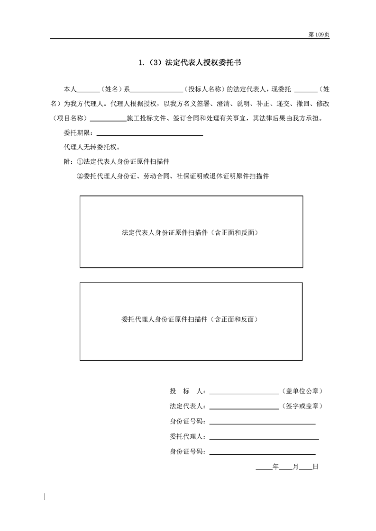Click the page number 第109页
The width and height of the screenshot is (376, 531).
click(x=319, y=35)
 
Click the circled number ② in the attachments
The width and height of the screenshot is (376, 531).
click(x=80, y=176)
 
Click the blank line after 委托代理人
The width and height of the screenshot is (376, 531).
click(x=264, y=438)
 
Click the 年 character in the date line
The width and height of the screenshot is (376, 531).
click(x=276, y=467)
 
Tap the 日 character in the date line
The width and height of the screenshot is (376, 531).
click(x=315, y=467)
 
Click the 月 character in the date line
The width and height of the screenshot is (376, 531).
click(x=295, y=467)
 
